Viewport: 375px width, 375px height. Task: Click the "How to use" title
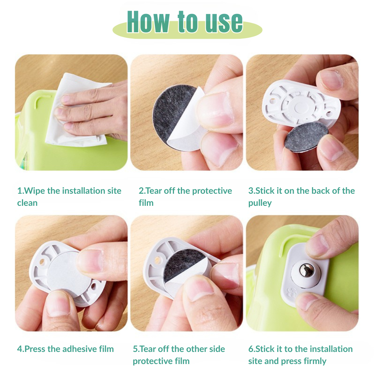pyautogui.click(x=185, y=22)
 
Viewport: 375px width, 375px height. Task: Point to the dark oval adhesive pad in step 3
pyautogui.click(x=307, y=136)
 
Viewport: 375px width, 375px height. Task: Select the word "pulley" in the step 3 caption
pyautogui.click(x=260, y=203)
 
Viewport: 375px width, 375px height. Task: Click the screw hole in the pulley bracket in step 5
pyautogui.click(x=157, y=260)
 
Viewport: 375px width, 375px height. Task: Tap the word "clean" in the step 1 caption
pyautogui.click(x=27, y=203)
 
